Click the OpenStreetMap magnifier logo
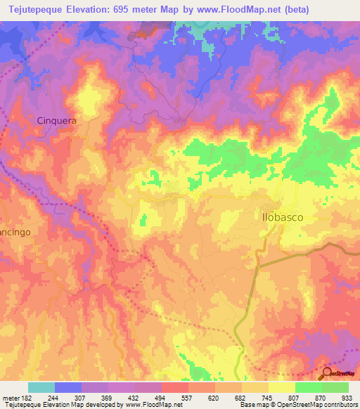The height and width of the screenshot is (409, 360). tap(327, 374)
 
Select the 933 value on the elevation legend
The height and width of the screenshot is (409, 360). tap(345, 396)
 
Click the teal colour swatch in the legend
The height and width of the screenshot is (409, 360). tap(41, 387)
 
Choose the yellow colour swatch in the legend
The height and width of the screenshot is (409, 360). tap(282, 387)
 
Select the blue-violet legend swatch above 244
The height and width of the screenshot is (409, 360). tap(68, 387)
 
